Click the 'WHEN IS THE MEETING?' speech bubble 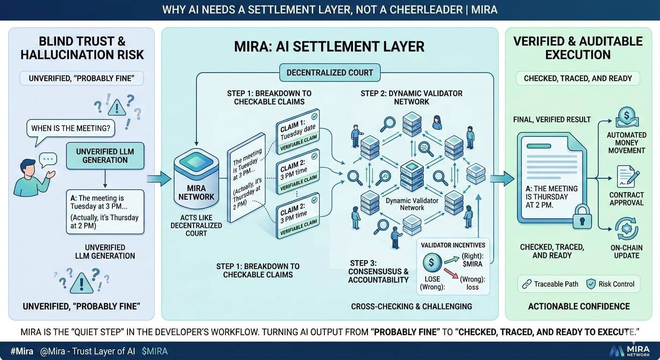pyautogui.click(x=70, y=128)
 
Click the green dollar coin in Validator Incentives pyautogui.click(x=432, y=263)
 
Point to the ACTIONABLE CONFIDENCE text pyautogui.click(x=579, y=306)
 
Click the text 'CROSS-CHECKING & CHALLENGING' pyautogui.click(x=412, y=307)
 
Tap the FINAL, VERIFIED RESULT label pyautogui.click(x=552, y=120)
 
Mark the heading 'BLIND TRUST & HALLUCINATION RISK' pyautogui.click(x=82, y=48)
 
